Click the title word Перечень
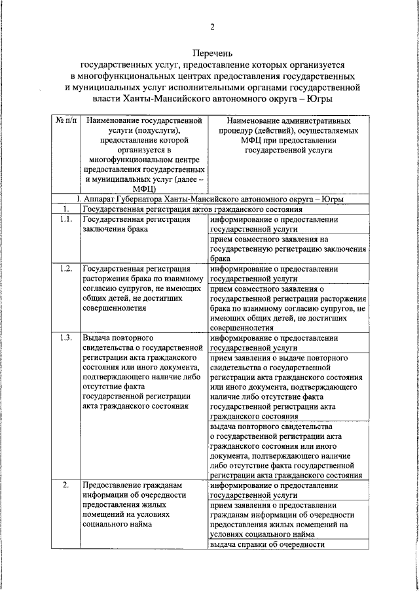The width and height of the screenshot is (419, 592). coord(212,53)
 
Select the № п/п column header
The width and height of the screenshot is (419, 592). coord(65,122)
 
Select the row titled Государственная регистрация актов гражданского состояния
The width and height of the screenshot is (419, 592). coord(191,209)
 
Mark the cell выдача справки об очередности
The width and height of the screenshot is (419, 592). coord(268,544)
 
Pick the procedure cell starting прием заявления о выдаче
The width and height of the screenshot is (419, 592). coord(287,387)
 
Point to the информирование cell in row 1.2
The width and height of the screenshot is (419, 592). coord(275,273)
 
